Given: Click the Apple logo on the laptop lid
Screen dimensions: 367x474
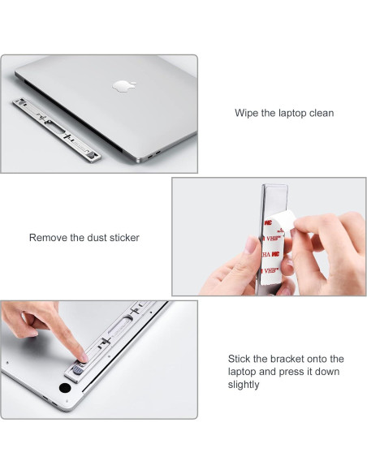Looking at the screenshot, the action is [x=124, y=86].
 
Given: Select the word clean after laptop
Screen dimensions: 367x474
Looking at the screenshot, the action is [x=322, y=113].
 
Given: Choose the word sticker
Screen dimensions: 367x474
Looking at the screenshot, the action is [x=124, y=238].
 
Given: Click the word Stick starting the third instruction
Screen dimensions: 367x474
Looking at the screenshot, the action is [x=240, y=359].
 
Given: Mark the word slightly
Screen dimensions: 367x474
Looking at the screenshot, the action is [x=244, y=385].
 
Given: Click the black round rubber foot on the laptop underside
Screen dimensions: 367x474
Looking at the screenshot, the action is [x=65, y=387].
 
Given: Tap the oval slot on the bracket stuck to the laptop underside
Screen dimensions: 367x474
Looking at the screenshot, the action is [x=120, y=325].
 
